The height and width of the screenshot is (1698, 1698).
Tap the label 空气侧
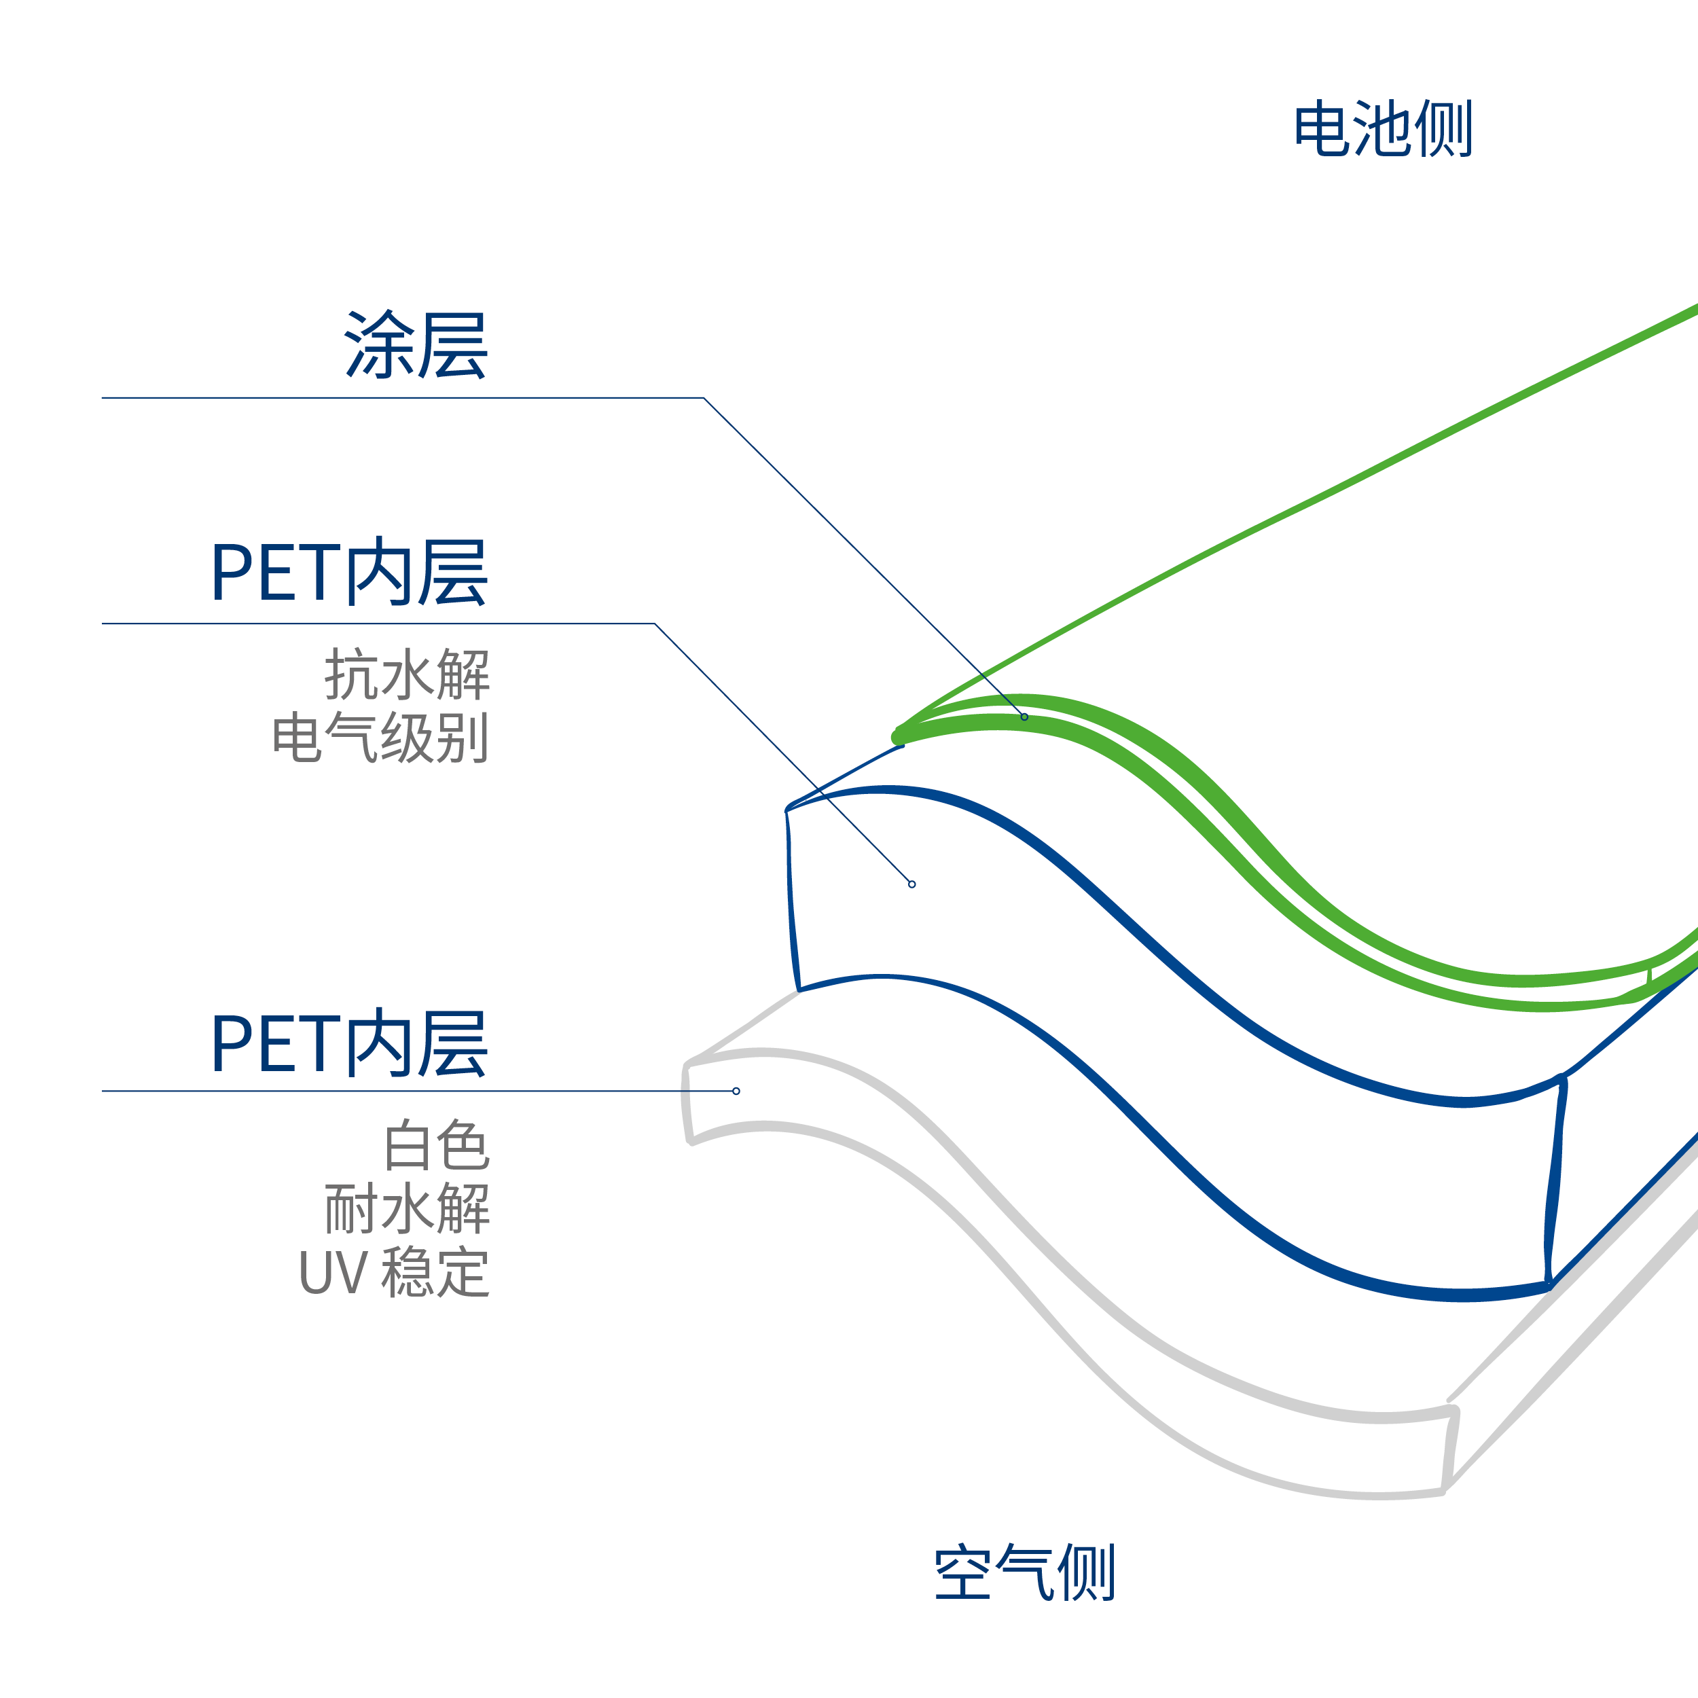[1025, 1572]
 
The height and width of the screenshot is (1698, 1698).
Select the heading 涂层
[416, 344]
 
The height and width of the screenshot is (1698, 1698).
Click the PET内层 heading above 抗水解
[349, 572]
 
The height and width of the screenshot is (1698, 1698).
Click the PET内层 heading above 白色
[349, 1043]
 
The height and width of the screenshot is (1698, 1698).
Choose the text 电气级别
[380, 736]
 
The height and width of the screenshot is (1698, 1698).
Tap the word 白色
[437, 1145]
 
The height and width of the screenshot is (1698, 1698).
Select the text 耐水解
[407, 1208]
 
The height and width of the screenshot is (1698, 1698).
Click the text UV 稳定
[394, 1271]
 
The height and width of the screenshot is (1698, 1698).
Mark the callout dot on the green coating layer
[1024, 717]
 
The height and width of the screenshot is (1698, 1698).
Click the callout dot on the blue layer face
[911, 884]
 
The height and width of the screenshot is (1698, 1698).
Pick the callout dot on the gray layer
[736, 1091]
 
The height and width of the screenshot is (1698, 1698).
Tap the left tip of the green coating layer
[898, 736]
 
